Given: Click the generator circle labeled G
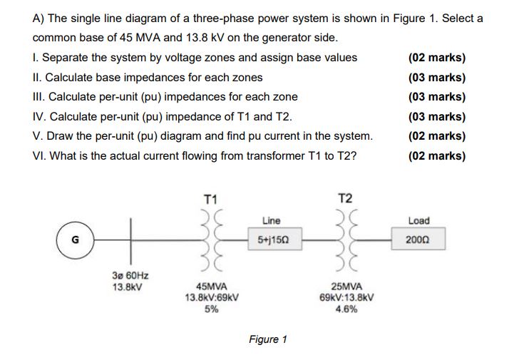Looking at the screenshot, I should [73, 240].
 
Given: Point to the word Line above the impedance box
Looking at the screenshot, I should [271, 221].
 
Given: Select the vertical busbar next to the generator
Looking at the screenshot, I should [130, 240].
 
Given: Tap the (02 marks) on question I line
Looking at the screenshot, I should [437, 57].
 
